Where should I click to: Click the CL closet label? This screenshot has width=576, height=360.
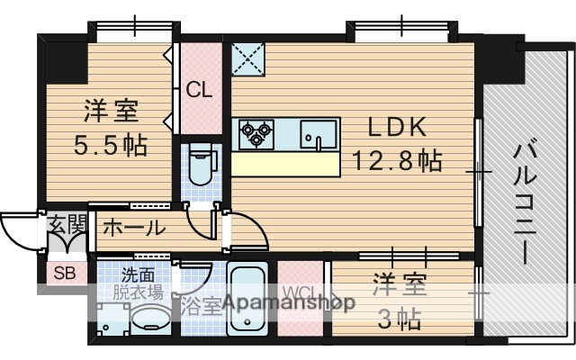(200, 90)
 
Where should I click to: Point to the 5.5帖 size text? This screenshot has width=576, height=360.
(112, 144)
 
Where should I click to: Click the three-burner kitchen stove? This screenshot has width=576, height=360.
(255, 134)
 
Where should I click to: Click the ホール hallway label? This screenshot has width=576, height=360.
(133, 228)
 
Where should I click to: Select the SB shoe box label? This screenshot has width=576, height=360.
(63, 274)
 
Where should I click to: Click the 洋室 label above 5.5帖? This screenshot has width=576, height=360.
(112, 112)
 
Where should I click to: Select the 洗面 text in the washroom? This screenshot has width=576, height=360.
(138, 274)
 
